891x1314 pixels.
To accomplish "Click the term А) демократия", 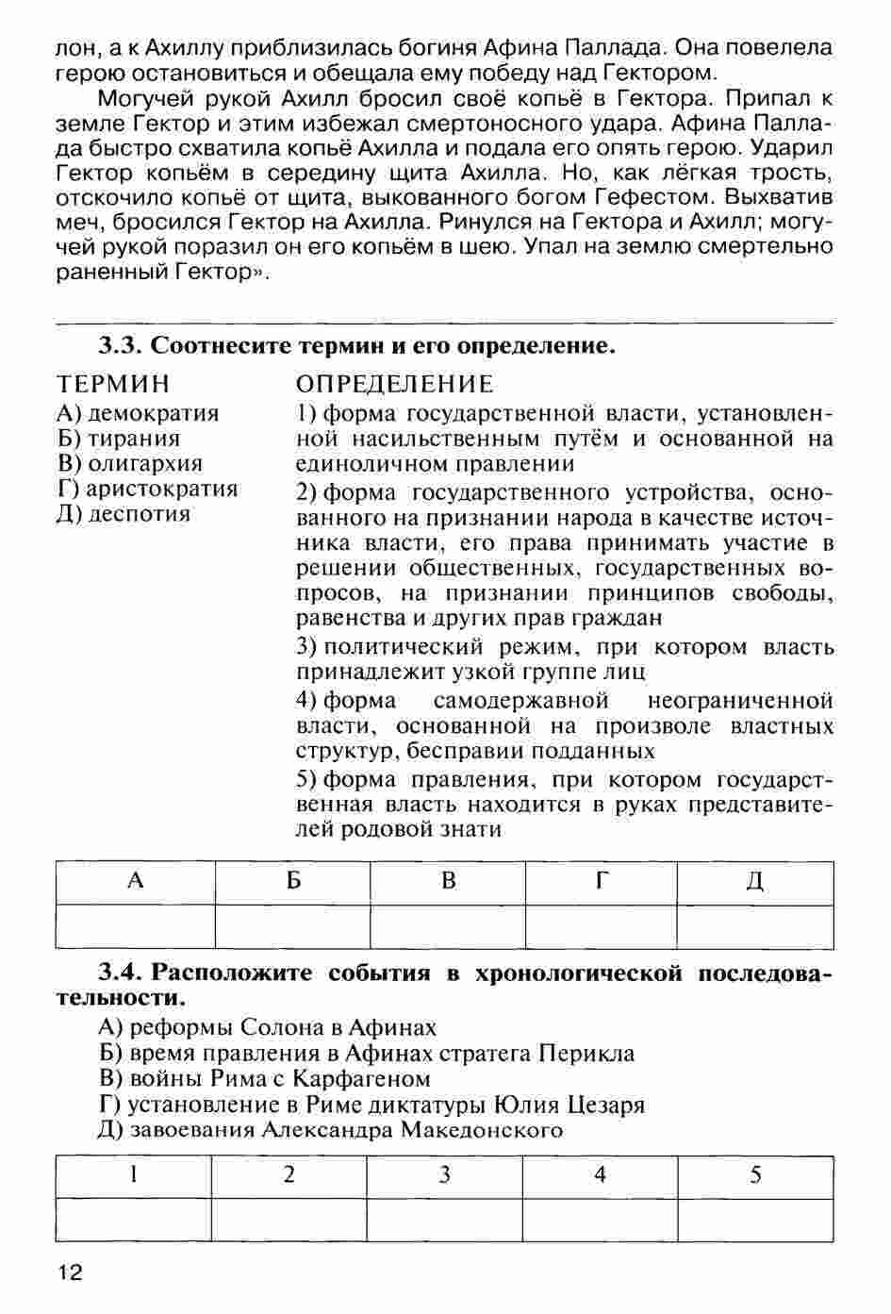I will coord(138,413).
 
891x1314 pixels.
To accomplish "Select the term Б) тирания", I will coord(119,439).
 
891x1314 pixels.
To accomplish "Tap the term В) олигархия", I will coord(130,464).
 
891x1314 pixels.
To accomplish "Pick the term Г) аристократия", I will coord(147,489).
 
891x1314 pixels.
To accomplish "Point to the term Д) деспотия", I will coord(124,514).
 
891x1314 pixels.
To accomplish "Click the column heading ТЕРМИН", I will coord(114,384).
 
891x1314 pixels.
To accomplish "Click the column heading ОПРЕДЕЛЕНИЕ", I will coord(394,384).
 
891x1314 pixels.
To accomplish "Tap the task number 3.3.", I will coord(120,345).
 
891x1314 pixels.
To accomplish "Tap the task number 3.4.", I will coord(120,973).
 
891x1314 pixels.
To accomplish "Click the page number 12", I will coord(70,1272).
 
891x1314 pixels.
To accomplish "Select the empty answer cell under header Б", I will coord(292,926).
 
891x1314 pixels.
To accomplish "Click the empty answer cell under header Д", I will coord(755,926).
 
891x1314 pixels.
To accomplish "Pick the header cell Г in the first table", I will coord(601,881).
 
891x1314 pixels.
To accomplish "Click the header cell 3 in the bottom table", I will coord(444,1175).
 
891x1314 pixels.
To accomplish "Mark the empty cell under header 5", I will coord(755,1220).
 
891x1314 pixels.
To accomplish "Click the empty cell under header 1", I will coord(134,1220).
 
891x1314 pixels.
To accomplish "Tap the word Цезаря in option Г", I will coord(603,1104).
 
